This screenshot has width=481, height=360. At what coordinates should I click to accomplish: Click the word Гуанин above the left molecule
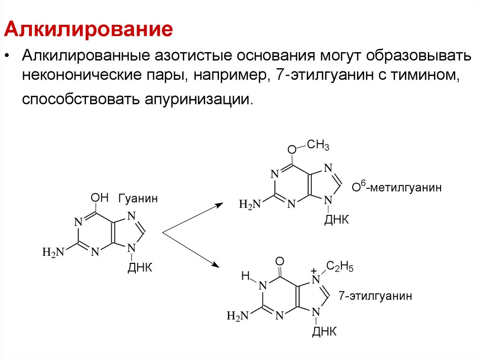coord(138,199)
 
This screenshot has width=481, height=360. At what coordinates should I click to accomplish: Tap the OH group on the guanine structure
coord(100,197)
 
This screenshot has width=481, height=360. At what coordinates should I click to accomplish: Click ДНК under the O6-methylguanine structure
coord(337,220)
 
